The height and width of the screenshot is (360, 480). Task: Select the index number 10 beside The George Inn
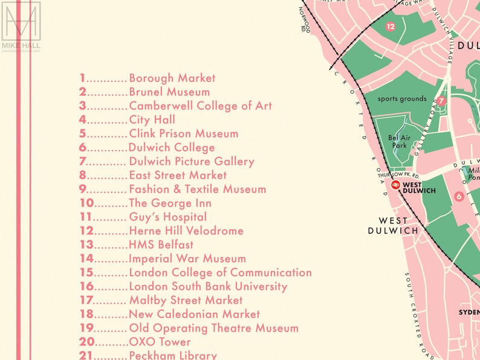[x=86, y=203]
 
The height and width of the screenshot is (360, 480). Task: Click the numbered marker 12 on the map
[x=390, y=26]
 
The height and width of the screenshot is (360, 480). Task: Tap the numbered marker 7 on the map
[x=441, y=101]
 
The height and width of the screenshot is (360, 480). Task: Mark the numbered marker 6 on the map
[x=459, y=196]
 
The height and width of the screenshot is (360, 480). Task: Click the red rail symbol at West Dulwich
[x=395, y=185]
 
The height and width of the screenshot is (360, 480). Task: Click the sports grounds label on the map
[x=402, y=98]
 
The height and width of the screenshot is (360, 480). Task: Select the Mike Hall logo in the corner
[x=21, y=27]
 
